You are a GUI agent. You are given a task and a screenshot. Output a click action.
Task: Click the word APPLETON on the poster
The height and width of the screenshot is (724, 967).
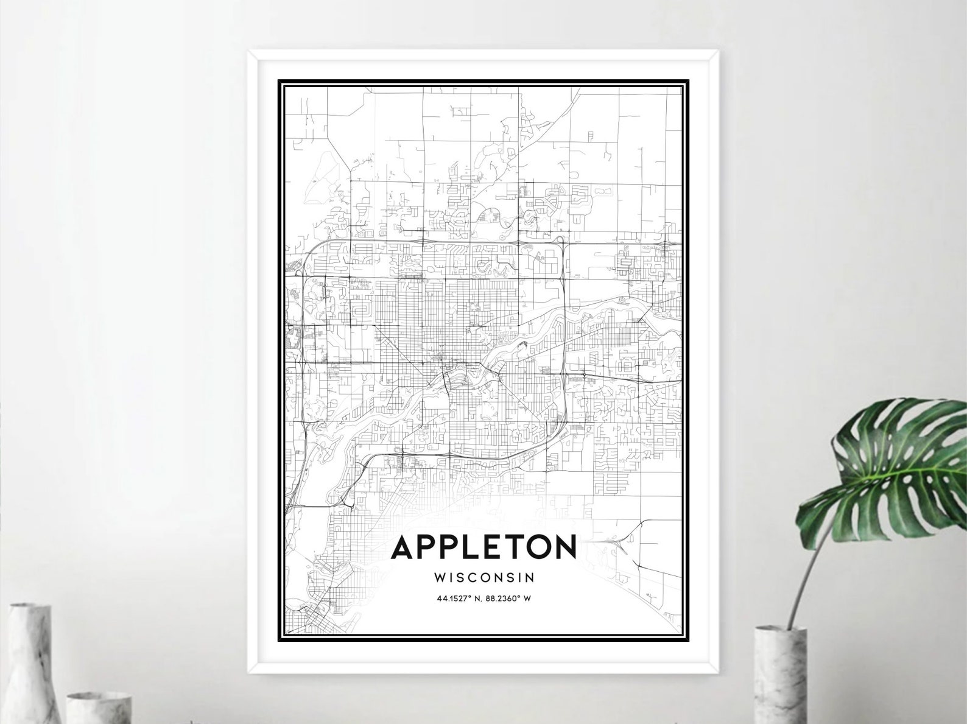pyautogui.click(x=483, y=547)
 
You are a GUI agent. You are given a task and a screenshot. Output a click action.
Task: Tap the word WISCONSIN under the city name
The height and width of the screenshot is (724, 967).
pyautogui.click(x=484, y=576)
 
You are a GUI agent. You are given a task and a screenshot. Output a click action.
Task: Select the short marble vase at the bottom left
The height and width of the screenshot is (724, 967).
pyautogui.click(x=91, y=707)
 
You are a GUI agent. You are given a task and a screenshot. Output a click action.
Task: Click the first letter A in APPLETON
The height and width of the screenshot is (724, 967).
pyautogui.click(x=404, y=547)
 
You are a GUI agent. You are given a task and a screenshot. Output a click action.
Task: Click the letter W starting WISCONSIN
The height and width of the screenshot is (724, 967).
pyautogui.click(x=440, y=576)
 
